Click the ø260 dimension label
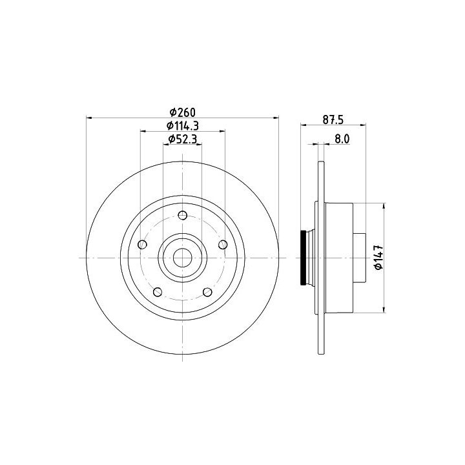tap(183, 112)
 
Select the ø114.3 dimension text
tap(183, 126)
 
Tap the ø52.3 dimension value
tap(183, 139)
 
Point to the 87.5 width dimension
tap(333, 120)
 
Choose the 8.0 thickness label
tap(342, 139)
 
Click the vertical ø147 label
tap(378, 258)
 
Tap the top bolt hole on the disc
tap(183, 215)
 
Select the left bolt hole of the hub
tap(143, 245)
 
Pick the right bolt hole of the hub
tap(223, 245)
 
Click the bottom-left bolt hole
tap(158, 292)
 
